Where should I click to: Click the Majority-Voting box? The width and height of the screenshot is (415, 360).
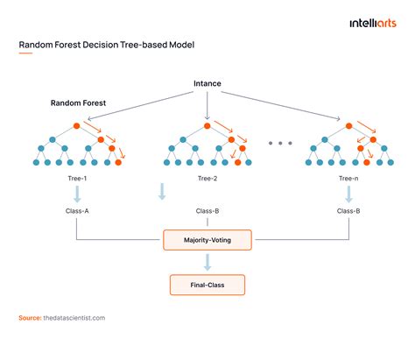pos(207,238)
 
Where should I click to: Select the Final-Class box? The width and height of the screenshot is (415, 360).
pos(207,284)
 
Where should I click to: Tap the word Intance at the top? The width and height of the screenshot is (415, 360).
pos(207,84)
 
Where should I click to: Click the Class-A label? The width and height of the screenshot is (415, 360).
pos(77,211)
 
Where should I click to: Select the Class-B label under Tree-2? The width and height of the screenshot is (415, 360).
pos(207,211)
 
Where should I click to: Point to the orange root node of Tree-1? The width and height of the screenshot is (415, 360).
pos(77,124)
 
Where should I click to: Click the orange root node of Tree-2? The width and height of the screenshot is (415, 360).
pos(207,124)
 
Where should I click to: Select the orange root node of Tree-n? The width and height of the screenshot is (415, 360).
pos(337,124)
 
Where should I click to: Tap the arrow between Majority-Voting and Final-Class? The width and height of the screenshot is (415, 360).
pos(207,261)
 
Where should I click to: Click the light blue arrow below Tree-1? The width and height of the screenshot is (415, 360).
pos(77,194)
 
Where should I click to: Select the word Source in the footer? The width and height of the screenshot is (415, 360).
pos(29,317)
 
